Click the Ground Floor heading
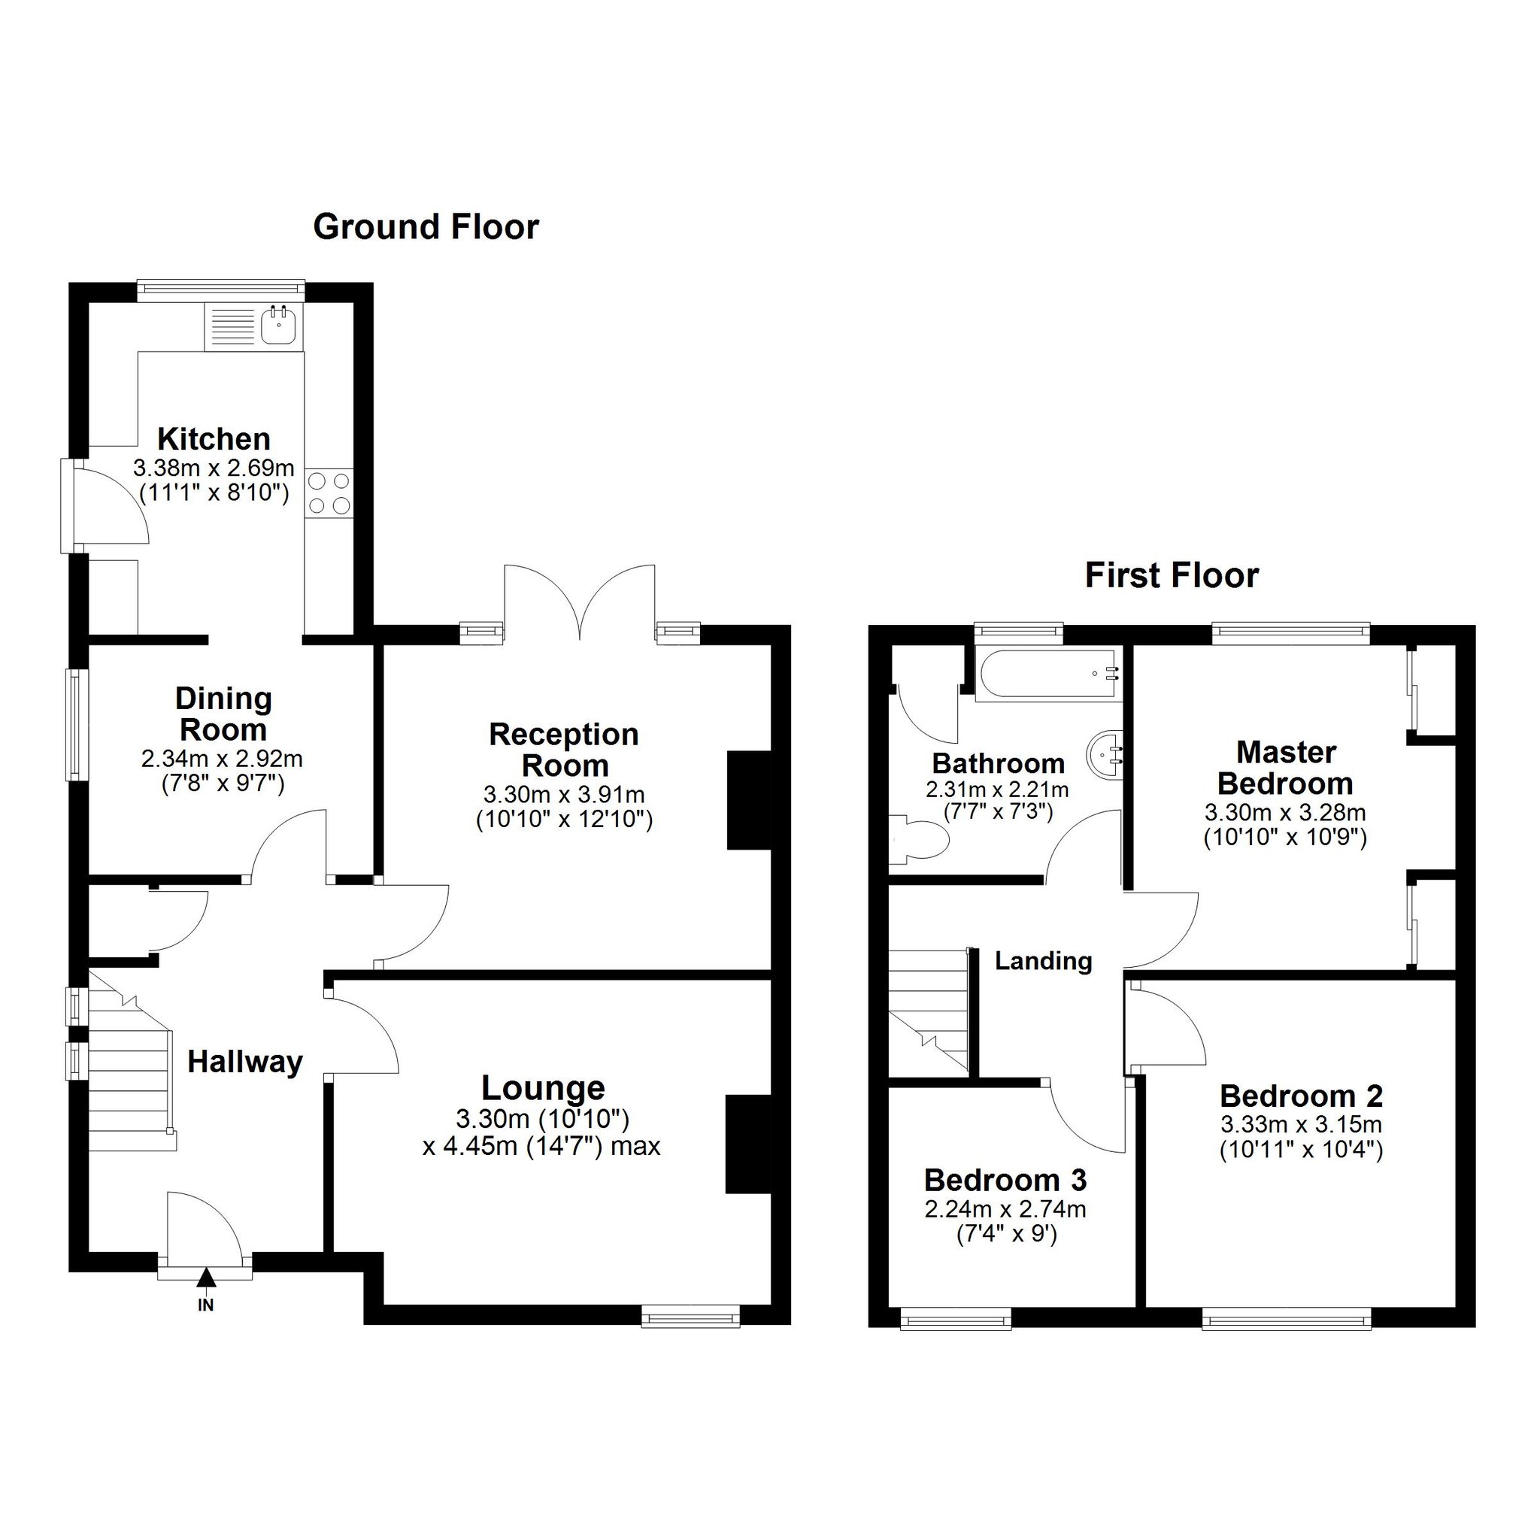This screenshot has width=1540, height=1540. click(x=426, y=228)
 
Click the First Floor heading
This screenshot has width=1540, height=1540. click(x=1171, y=575)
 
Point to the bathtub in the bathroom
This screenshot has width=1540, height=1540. click(x=1049, y=674)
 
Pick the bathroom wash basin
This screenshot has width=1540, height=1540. click(x=1105, y=750)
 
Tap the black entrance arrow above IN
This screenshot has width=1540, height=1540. click(x=207, y=1278)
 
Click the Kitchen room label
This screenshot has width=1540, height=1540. click(x=214, y=439)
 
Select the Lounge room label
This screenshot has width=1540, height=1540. click(x=543, y=1088)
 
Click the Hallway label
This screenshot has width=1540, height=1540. click(x=244, y=1063)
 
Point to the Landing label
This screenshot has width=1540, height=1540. click(x=1044, y=960)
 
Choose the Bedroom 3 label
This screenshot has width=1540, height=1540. click(x=1005, y=1180)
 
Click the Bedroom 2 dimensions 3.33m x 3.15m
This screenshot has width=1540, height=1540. click(x=1301, y=1125)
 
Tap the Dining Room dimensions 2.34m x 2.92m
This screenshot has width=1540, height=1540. click(x=222, y=758)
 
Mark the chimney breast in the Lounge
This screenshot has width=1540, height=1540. click(x=748, y=1145)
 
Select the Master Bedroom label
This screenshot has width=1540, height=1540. click(x=1285, y=768)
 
